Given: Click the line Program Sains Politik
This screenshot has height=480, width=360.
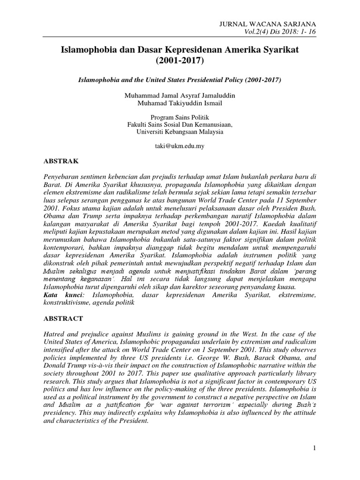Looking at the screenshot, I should (180, 117).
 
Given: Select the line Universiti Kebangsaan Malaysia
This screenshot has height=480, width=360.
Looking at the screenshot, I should (180, 132).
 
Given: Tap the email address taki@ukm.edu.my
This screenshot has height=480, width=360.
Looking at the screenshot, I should (180, 146).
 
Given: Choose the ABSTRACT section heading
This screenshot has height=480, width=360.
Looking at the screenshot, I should (63, 318).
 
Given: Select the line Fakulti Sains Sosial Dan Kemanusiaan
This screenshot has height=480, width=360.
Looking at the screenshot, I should (180, 125).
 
